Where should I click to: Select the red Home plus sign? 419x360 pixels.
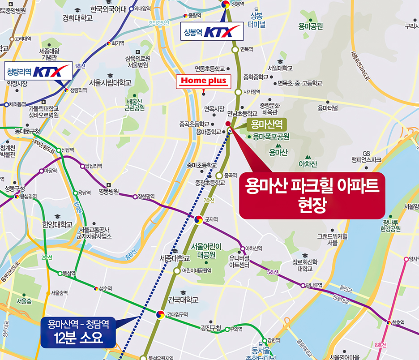tap(204, 81)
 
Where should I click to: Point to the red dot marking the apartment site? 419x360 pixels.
tap(228, 124)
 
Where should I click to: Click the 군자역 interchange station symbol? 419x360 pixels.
tap(198, 219)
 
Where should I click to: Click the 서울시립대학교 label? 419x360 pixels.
tap(110, 82)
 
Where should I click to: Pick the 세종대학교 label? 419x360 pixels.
tap(175, 259)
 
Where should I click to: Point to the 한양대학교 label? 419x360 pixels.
tap(57, 224)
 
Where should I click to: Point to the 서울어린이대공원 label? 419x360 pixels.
tap(203, 250)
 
